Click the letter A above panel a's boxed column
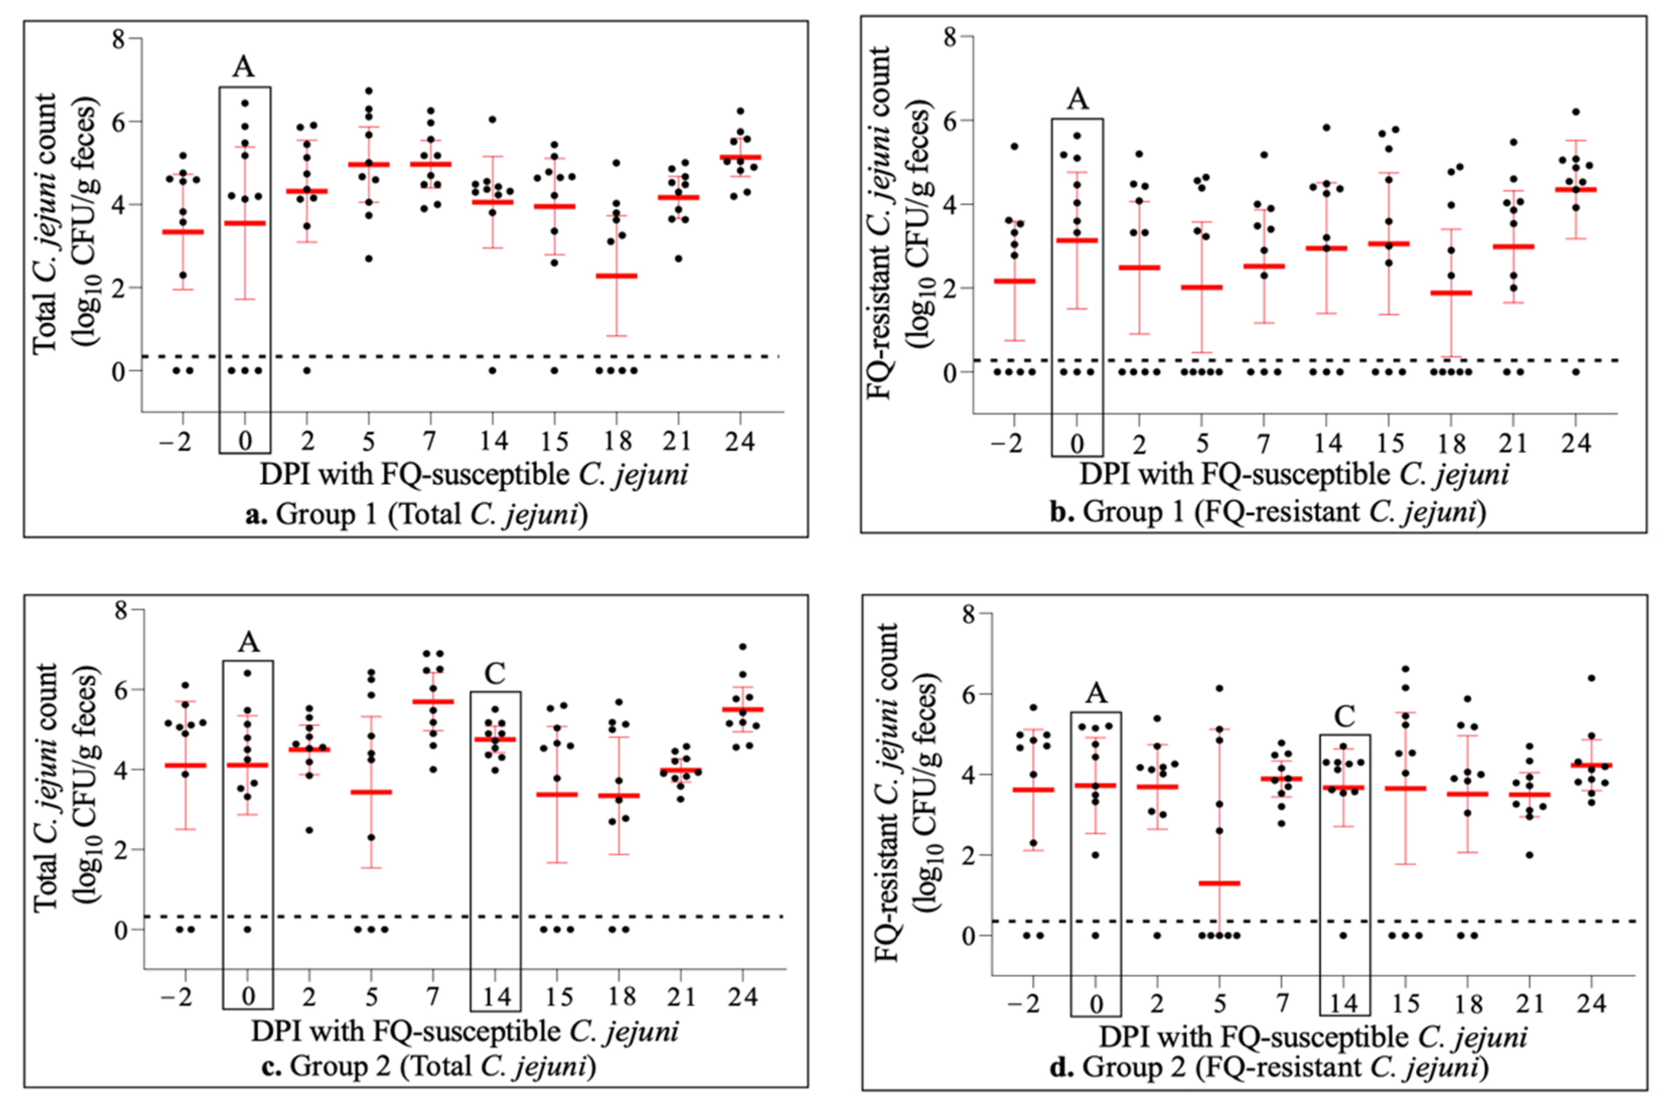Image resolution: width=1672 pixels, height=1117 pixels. click(243, 67)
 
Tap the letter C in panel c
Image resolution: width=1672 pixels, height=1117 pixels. click(495, 673)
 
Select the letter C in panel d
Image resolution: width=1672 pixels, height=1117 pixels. click(1344, 716)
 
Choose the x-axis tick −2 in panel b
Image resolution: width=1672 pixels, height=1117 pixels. click(1006, 444)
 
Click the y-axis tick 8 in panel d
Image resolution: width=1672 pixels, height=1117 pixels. click(968, 614)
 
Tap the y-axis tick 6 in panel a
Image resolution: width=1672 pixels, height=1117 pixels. click(118, 122)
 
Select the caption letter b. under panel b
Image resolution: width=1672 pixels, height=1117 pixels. click(1062, 511)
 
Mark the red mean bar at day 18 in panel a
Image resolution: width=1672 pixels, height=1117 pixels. click(617, 276)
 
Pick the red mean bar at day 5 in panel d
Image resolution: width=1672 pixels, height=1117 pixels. click(1220, 883)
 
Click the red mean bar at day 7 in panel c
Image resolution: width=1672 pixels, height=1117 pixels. click(433, 702)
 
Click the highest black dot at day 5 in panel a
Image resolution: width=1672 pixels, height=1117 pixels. click(368, 91)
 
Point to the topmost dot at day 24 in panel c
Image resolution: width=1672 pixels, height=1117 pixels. click(743, 647)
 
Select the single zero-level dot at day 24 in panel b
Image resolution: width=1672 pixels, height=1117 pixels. click(1576, 372)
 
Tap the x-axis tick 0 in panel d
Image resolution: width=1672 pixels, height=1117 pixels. click(1096, 1004)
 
